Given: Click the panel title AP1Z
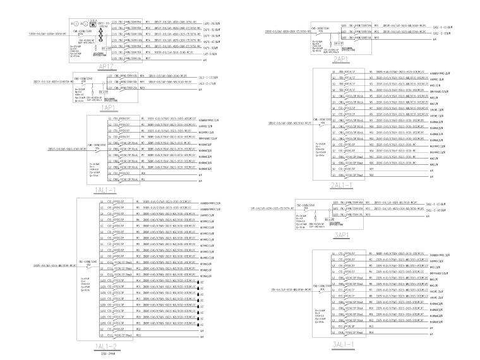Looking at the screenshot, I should [105, 66].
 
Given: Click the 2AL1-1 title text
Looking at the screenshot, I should [343, 185].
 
